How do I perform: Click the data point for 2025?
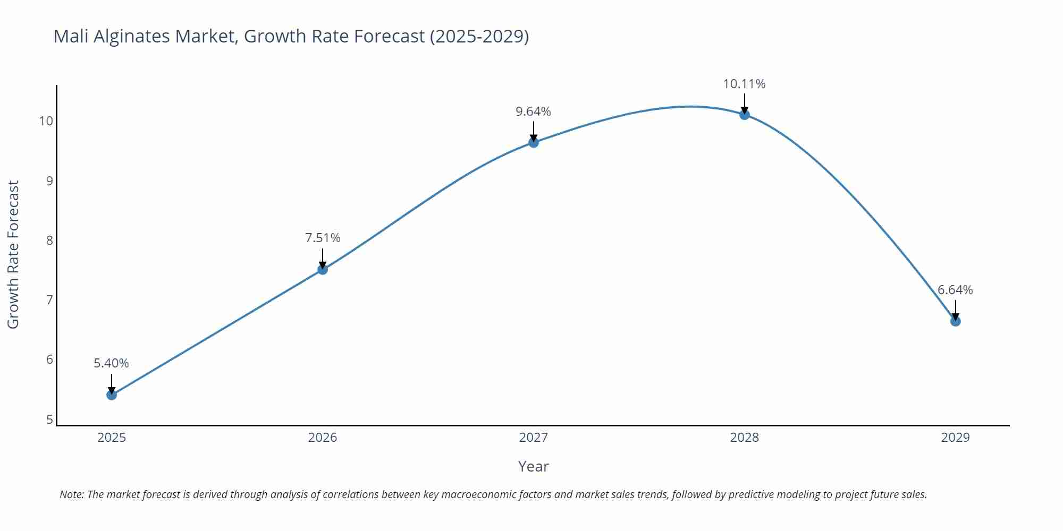point(112,395)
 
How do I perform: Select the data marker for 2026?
point(323,269)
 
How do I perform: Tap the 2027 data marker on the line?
point(534,142)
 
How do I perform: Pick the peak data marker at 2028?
point(745,114)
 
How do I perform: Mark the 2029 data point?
point(955,321)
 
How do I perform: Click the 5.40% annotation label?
point(112,363)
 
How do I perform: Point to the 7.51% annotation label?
point(323,238)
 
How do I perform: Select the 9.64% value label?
point(534,112)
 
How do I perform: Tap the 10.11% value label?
point(744,84)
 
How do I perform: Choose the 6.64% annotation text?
point(955,290)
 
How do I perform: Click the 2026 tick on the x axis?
point(323,438)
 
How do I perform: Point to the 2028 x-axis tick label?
point(745,438)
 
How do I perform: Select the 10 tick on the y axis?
point(46,121)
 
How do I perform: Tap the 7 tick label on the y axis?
point(49,300)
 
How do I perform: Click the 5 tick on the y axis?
point(49,419)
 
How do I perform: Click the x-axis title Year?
point(533,466)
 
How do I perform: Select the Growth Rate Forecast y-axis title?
point(13,254)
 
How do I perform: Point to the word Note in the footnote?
point(71,494)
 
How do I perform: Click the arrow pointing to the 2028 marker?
point(745,102)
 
